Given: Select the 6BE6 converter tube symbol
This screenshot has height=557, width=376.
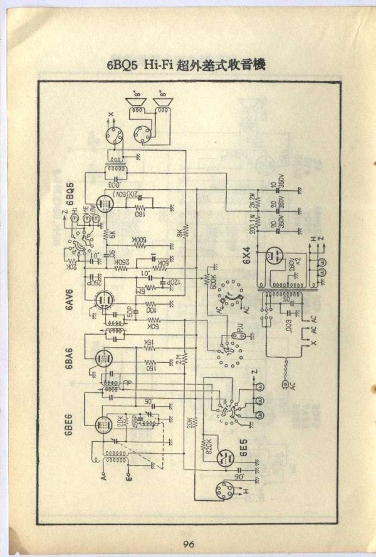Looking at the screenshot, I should (x=102, y=425).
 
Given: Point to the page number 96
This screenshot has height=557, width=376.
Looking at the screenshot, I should (x=190, y=543).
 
